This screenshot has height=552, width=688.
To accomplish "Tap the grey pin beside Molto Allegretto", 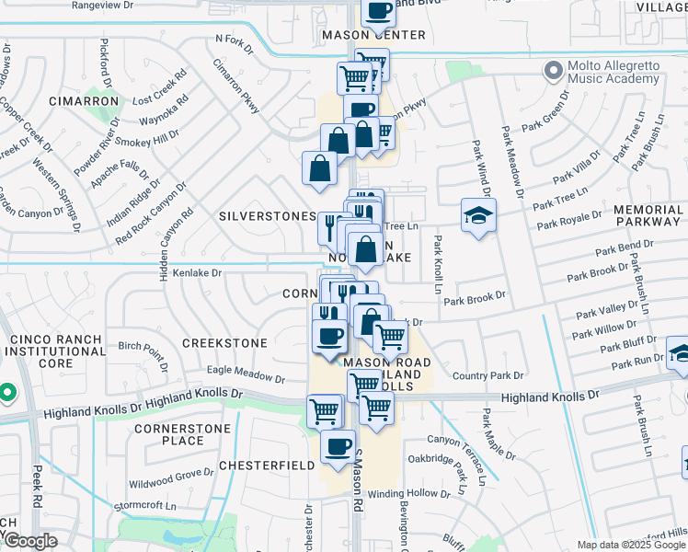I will (x=553, y=70).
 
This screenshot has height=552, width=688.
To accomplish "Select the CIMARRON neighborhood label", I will (x=84, y=100).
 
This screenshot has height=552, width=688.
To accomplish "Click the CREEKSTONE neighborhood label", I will (x=224, y=343).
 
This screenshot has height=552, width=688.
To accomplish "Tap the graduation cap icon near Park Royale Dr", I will (x=478, y=215).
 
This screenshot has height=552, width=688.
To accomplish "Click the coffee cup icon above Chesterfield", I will (x=338, y=447).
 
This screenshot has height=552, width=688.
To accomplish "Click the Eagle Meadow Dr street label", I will (x=246, y=374).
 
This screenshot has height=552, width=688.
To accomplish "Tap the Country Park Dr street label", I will (x=487, y=375).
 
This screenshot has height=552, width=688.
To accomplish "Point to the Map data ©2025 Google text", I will (x=631, y=545).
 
